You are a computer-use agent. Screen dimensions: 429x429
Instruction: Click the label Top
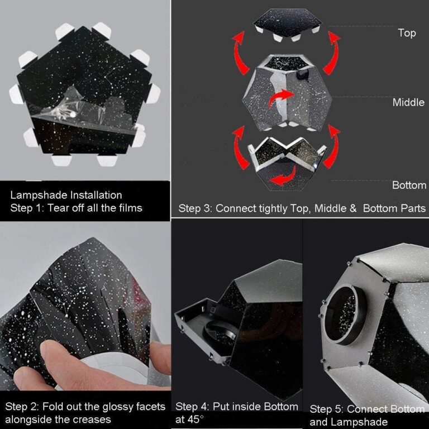pyautogui.click(x=407, y=33)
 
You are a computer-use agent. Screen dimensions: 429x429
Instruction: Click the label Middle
pyautogui.click(x=408, y=102)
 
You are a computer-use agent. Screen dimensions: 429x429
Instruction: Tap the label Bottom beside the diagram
pyautogui.click(x=409, y=185)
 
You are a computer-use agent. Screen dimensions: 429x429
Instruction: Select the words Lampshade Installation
pyautogui.click(x=66, y=196)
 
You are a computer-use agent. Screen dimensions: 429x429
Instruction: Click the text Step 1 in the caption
pyautogui.click(x=27, y=208)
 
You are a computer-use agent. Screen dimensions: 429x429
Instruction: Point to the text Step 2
pyautogui.click(x=22, y=407)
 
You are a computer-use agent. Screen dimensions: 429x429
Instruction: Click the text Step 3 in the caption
pyautogui.click(x=196, y=208)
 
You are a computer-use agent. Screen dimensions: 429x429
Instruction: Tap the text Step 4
pyautogui.click(x=192, y=407)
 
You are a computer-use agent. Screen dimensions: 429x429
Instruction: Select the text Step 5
pyautogui.click(x=327, y=409)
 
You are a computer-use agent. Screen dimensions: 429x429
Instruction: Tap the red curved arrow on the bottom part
pyautogui.click(x=283, y=176)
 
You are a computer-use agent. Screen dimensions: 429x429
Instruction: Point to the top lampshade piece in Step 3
pyautogui.click(x=287, y=25)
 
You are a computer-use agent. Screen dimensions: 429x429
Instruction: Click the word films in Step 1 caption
pyautogui.click(x=131, y=208)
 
